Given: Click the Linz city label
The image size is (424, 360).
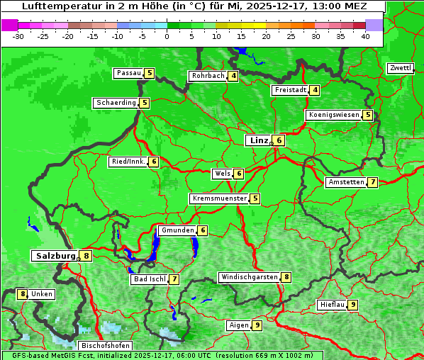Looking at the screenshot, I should [258, 140].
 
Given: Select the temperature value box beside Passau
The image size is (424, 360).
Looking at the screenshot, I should [149, 73].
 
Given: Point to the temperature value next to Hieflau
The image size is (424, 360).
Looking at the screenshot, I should [353, 305].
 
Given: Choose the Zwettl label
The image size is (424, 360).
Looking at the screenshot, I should [400, 68].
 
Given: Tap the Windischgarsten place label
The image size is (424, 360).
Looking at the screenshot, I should [249, 277].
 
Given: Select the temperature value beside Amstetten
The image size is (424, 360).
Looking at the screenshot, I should [372, 182].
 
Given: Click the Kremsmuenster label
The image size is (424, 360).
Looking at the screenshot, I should [219, 198].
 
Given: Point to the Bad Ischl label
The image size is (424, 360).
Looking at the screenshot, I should [149, 279].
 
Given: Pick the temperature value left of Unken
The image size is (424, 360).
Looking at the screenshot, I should [23, 294].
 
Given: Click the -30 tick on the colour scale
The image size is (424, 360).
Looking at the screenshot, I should [18, 36].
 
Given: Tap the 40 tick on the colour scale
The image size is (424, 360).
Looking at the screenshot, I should [365, 36].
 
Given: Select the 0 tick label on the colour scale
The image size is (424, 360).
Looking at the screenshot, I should [167, 36].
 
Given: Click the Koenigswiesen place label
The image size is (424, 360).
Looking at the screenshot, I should [333, 115].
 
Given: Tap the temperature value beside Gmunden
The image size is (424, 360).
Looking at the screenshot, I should [202, 230].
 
